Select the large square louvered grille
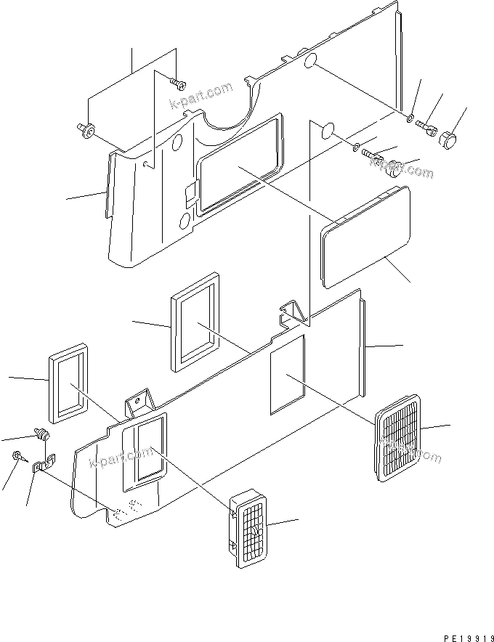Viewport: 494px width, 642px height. point(398,439)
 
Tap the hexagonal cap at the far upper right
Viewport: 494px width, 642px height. point(450,137)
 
